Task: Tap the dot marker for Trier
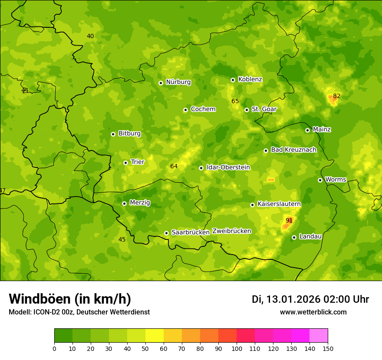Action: point(126,163)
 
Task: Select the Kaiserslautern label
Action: point(279,204)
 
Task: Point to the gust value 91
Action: point(289,220)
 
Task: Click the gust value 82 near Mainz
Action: point(337,96)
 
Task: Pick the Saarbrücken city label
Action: point(191,232)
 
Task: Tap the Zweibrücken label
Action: point(231,231)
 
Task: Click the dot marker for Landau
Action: point(294,237)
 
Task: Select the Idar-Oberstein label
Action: point(228,167)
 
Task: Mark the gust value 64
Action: point(174,166)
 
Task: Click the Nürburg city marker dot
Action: point(161,83)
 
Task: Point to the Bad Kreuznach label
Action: point(293,150)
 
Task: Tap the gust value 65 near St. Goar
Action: point(235,101)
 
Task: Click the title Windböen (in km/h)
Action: point(70,299)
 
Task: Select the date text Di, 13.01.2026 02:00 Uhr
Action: point(310,299)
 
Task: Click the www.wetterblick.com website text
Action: point(313,312)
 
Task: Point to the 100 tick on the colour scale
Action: point(237,348)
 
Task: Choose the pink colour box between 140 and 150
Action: point(319,336)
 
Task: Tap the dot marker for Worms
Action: point(320,180)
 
